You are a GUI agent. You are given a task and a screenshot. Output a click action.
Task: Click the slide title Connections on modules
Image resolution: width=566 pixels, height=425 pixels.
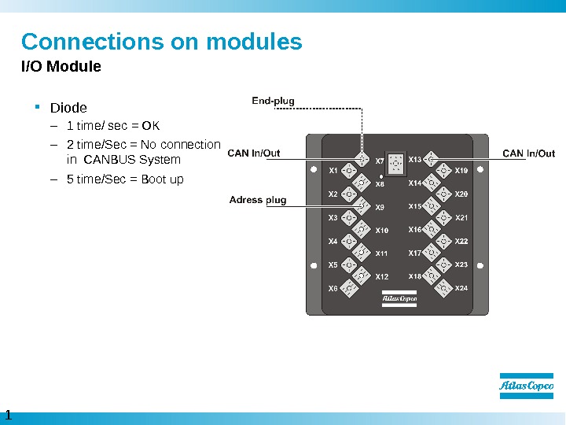point(161,41)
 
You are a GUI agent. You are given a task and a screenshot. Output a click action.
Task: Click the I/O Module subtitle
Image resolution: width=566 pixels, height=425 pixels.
point(61,67)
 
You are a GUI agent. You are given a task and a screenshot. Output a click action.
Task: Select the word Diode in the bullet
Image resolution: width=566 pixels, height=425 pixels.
point(68,107)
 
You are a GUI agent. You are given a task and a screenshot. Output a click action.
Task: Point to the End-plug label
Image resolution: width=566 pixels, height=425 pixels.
point(273,101)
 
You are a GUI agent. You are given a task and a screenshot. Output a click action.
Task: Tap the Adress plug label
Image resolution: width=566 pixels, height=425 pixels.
point(258,200)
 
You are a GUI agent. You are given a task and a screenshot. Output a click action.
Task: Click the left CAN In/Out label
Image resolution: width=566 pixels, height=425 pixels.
point(254,153)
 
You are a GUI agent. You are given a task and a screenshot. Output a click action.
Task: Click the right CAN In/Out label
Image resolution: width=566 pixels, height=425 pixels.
point(528,153)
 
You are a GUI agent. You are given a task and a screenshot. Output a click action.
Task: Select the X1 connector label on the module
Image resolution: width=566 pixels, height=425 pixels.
point(333,170)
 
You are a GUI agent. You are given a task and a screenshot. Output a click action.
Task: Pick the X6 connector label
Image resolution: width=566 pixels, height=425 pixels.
point(333,288)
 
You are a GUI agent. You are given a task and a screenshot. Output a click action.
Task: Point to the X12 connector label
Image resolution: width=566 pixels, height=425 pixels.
point(382,277)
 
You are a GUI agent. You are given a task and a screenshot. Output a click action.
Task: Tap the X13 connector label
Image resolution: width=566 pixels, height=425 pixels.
point(415,160)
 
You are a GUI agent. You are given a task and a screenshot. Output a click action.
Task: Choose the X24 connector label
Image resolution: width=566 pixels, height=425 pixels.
point(461,288)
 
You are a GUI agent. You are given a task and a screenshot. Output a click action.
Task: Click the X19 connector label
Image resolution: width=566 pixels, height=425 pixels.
point(461,170)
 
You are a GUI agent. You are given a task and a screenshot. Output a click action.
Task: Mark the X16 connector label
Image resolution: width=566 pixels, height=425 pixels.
point(415,230)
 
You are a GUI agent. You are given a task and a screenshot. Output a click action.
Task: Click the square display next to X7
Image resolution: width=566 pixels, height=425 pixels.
point(395,161)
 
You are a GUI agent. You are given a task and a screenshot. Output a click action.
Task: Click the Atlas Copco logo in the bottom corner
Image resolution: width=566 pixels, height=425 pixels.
point(526,386)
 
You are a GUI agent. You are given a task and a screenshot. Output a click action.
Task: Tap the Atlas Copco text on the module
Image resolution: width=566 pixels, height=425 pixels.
point(399,298)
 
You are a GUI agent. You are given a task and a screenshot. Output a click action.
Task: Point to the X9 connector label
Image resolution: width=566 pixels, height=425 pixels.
point(380,207)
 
